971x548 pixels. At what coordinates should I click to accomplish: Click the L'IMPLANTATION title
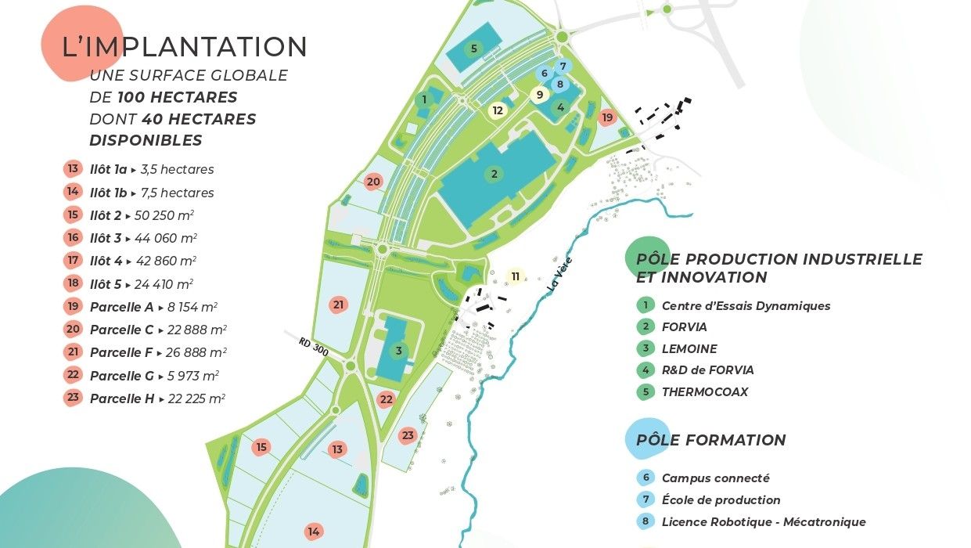(185, 47)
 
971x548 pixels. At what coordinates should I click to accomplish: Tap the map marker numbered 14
(314, 532)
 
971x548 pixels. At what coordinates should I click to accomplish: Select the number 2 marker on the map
(494, 174)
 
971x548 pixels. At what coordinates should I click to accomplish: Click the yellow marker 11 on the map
(515, 276)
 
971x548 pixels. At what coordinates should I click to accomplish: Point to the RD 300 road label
(314, 347)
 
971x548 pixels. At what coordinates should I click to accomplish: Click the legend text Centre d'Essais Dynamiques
(746, 306)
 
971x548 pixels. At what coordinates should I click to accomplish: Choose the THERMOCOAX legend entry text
(704, 391)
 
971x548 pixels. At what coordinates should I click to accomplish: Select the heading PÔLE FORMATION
(710, 440)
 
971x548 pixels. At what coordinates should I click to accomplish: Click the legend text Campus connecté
(715, 478)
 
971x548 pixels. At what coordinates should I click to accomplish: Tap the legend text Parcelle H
(122, 398)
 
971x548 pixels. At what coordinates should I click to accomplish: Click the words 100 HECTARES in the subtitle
(178, 98)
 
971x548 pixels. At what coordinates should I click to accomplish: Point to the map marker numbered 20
(373, 182)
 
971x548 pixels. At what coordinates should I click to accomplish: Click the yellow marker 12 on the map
(498, 110)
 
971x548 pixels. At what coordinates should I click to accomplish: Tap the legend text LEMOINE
(689, 349)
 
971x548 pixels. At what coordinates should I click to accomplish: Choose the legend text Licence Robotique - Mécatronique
(764, 522)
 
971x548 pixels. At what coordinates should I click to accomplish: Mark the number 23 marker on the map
(407, 434)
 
